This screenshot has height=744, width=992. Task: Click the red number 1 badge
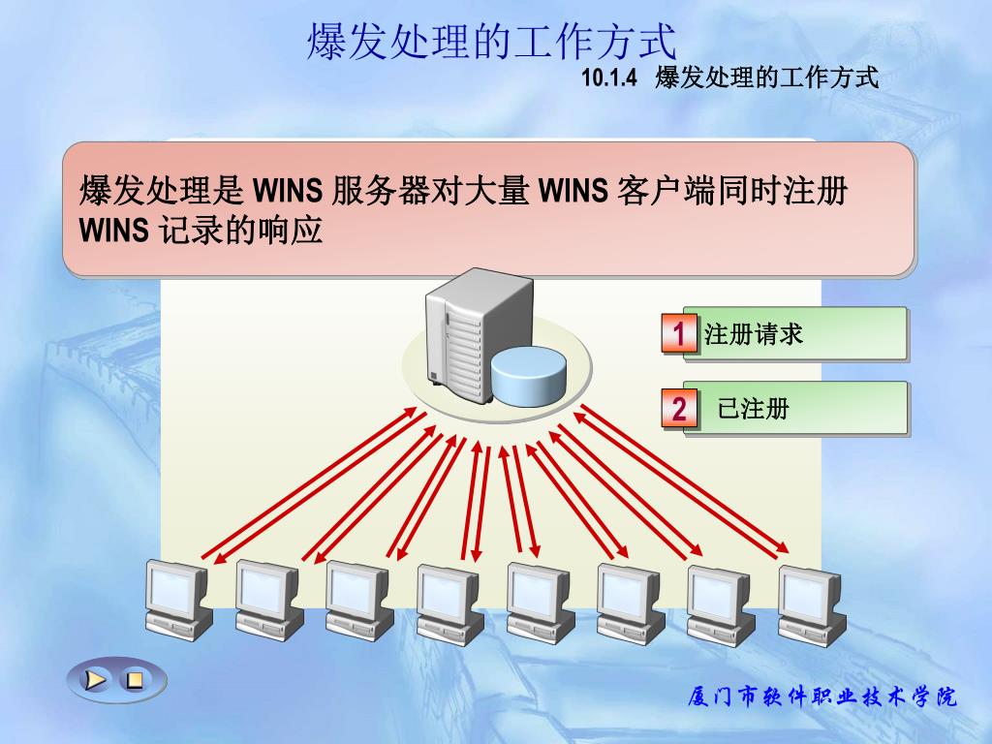(679, 335)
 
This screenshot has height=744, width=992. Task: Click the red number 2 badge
(679, 409)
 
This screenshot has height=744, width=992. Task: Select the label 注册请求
(754, 335)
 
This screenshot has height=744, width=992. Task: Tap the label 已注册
(753, 409)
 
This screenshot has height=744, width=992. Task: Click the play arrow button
(95, 679)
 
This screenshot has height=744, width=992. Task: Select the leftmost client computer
(177, 600)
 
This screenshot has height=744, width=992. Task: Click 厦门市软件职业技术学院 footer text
(821, 697)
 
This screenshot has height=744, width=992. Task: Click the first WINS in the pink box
(287, 191)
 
